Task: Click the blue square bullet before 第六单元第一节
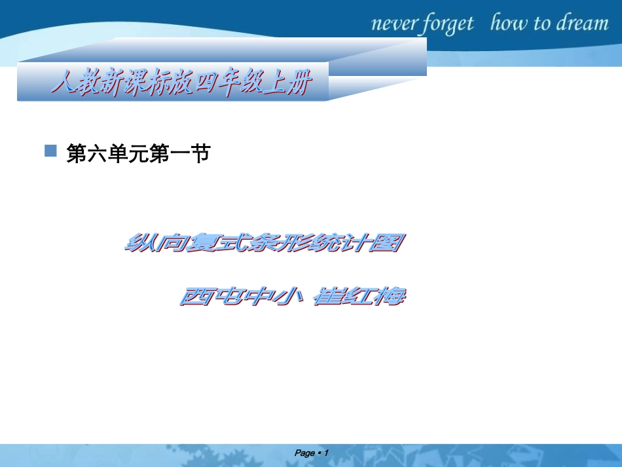click(50, 151)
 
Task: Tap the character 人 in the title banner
click(63, 84)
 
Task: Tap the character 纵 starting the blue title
click(137, 244)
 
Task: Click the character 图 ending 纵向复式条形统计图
click(386, 244)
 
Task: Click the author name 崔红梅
click(359, 297)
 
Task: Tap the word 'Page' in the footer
click(305, 453)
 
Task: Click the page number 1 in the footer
click(325, 453)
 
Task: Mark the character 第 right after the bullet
click(79, 155)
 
